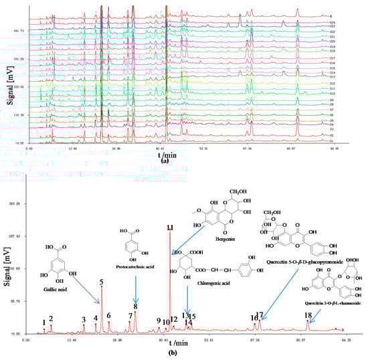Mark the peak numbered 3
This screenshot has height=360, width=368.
coord(84,320)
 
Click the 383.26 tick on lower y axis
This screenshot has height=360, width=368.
coord(15,203)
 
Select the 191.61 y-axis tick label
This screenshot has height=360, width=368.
coord(15,268)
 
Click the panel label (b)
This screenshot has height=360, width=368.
coord(173,353)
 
